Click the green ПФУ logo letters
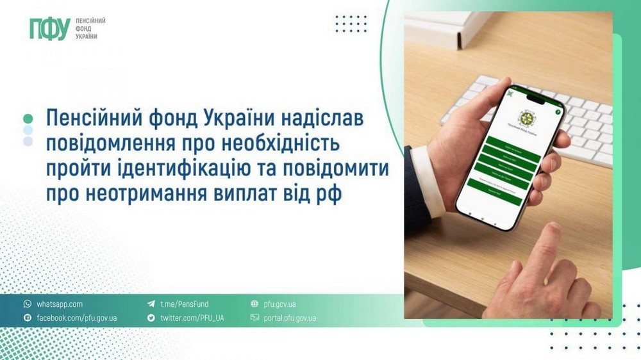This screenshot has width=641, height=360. (49, 28)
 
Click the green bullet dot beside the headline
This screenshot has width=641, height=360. (28, 119)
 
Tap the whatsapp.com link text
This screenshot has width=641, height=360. (60, 304)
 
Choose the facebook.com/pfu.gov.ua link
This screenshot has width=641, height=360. (76, 318)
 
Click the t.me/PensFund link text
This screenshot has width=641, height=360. (184, 304)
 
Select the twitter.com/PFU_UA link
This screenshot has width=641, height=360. (192, 318)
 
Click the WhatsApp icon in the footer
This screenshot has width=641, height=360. (28, 304)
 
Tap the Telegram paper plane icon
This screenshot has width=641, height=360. (151, 304)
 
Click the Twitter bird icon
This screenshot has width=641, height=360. (151, 318)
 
